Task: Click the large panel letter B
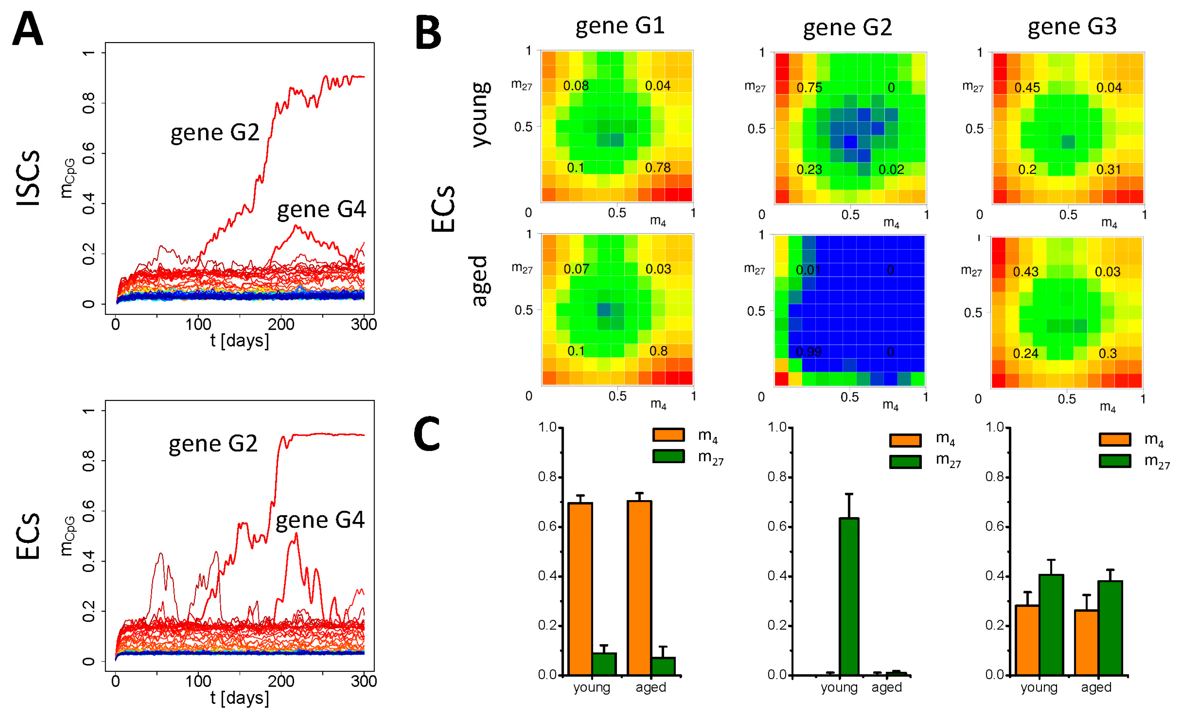(x=427, y=33)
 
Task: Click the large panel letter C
(x=427, y=434)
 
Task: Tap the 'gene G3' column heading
(x=1072, y=26)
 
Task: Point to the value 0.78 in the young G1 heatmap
(x=658, y=167)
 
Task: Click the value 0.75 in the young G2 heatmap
(x=809, y=88)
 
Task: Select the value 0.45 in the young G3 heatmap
(x=1027, y=88)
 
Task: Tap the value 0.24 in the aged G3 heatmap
(x=1025, y=354)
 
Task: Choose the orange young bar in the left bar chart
(x=580, y=589)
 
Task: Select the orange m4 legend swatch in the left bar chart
(x=668, y=434)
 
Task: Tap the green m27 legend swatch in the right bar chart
(x=1115, y=461)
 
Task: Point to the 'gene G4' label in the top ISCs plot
(x=321, y=209)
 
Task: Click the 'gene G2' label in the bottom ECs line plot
(x=213, y=444)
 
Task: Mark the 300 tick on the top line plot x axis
(x=363, y=325)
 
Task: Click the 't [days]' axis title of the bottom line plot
(x=239, y=698)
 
